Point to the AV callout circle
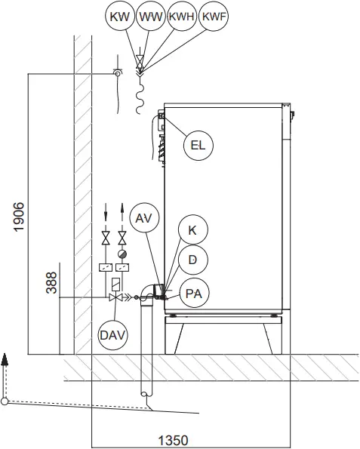144,218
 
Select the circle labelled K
193,229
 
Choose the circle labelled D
193,260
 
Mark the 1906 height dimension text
18,217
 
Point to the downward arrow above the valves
106,210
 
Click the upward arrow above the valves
122,209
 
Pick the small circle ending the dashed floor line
5,401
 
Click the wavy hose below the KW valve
139,97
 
